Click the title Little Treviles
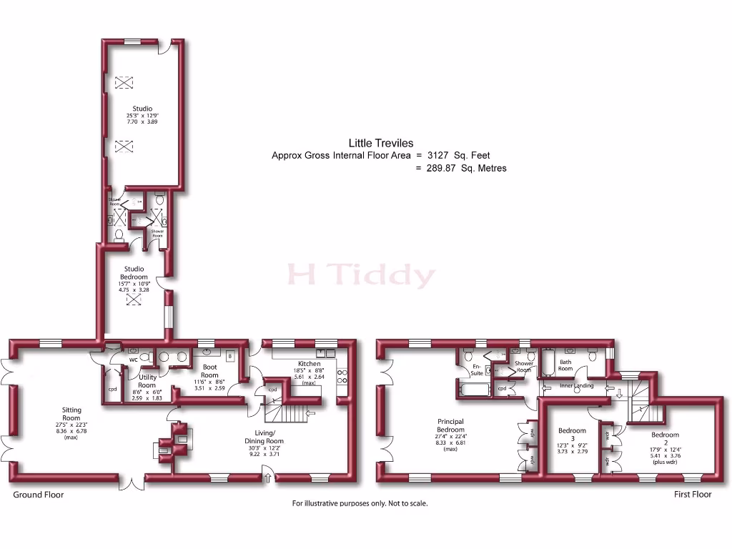tap(380, 142)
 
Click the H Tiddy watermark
tap(361, 275)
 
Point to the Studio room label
tap(142, 109)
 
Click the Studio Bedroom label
tap(134, 273)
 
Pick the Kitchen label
tap(309, 364)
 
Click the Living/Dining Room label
tap(265, 437)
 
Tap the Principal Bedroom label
tap(450, 426)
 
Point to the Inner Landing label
tap(576, 386)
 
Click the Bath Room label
tap(565, 365)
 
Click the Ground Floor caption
tap(39, 495)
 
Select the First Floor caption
tap(693, 495)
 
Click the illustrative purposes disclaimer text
tap(360, 504)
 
